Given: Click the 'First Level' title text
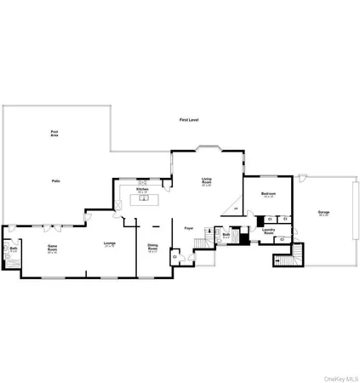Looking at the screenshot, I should (x=188, y=121).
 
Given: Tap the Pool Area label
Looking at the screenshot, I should (x=54, y=134).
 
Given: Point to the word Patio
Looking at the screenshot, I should (x=54, y=181).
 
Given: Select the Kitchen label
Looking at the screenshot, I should (x=142, y=190).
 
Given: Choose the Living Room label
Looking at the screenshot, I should (x=207, y=181).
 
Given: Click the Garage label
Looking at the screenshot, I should (x=323, y=213).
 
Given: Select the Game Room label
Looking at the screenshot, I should (x=52, y=248).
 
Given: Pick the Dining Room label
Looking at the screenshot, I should (x=153, y=248).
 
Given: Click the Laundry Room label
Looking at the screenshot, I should (x=268, y=230).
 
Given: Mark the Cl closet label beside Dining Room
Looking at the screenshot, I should (x=174, y=255).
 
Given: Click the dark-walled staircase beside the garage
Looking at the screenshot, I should (x=293, y=254).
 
